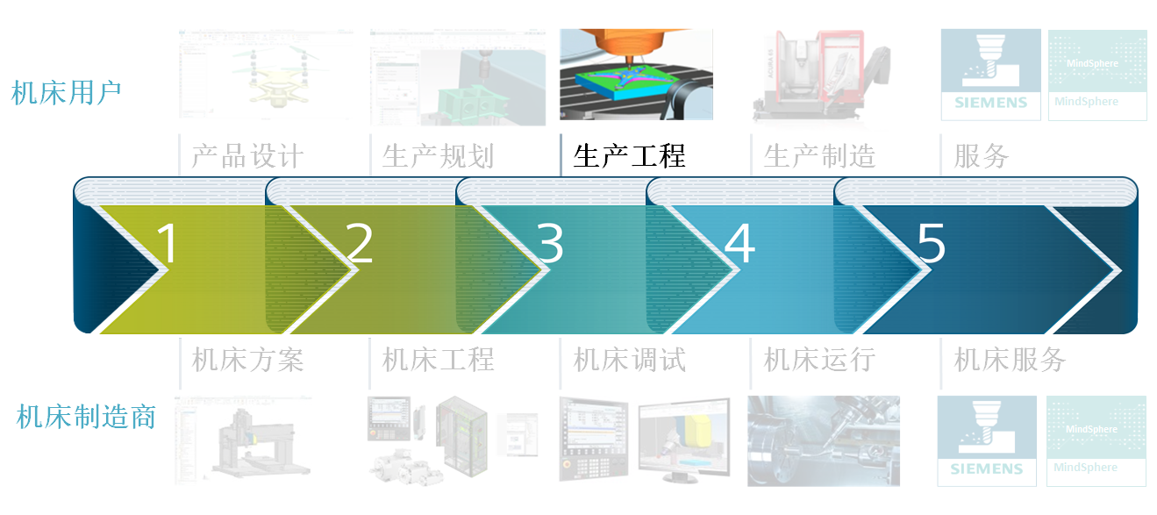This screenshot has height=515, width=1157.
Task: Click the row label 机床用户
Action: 67,93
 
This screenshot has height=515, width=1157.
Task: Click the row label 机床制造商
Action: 86,417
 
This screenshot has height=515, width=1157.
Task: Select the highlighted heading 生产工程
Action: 629,156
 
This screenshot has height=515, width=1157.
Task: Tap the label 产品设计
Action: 247,156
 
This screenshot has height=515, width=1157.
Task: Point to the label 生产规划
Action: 438,156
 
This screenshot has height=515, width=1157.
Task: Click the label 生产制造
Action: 819,156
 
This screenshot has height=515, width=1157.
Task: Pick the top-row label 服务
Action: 982,156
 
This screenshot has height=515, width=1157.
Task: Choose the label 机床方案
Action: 247,360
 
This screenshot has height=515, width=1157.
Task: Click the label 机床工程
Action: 438,360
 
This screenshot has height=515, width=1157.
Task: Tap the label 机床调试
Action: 629,360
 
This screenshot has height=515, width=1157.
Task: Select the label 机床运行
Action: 819,360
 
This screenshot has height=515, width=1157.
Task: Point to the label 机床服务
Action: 1010,360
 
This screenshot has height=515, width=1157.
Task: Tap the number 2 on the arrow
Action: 360,244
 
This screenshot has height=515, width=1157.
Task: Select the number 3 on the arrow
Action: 550,244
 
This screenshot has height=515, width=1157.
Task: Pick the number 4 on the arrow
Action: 740,244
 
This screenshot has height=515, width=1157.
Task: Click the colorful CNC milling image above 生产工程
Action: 636,75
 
